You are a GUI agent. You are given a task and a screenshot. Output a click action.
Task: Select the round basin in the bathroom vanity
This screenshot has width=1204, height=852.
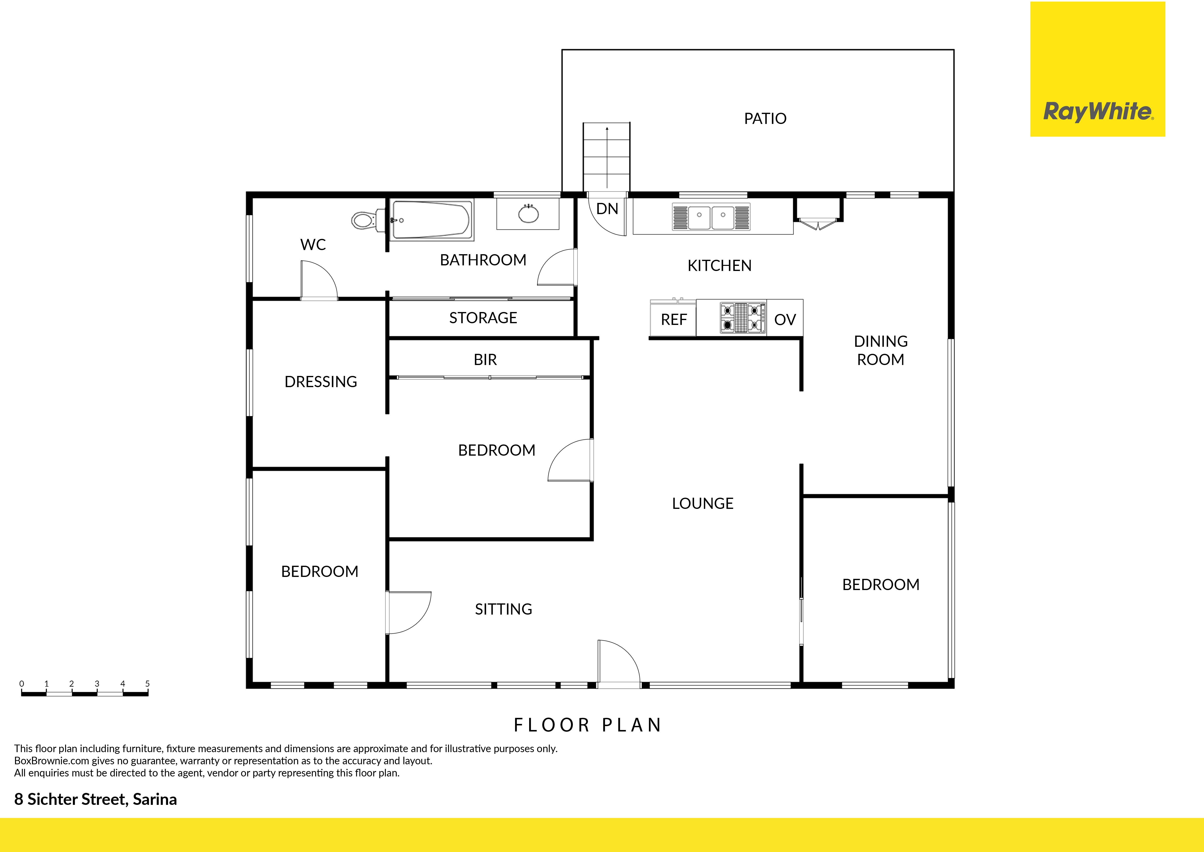pyautogui.click(x=528, y=214)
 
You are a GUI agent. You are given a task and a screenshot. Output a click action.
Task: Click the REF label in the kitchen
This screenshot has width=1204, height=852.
pyautogui.click(x=674, y=320)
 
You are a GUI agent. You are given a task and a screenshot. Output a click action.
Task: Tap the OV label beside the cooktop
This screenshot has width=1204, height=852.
pyautogui.click(x=785, y=320)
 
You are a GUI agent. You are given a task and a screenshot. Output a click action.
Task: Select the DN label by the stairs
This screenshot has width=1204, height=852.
pyautogui.click(x=607, y=209)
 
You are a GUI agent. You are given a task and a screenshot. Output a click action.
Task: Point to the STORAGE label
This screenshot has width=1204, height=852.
pyautogui.click(x=483, y=318)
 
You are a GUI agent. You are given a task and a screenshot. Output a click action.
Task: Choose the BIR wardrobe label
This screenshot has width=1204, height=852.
pyautogui.click(x=485, y=360)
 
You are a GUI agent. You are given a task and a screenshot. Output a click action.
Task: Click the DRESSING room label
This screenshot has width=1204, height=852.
pyautogui.click(x=321, y=382)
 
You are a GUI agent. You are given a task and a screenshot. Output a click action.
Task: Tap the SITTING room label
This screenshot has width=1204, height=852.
pyautogui.click(x=503, y=609)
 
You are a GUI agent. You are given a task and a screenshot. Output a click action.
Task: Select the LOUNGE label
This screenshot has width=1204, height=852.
pyautogui.click(x=703, y=504)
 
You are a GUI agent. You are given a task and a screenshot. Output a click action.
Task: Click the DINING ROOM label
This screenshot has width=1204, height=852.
pyautogui.click(x=881, y=350)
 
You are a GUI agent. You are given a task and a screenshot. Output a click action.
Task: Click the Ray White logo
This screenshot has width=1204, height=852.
pyautogui.click(x=1098, y=69)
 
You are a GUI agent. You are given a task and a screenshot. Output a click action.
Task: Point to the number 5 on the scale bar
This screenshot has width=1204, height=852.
pyautogui.click(x=147, y=684)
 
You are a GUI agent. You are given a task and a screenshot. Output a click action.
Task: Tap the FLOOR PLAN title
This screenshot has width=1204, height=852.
pyautogui.click(x=587, y=725)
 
